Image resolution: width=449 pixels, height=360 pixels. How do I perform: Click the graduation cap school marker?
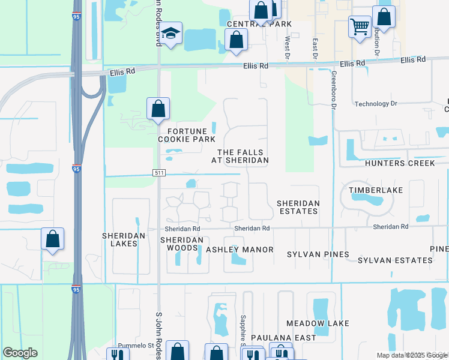[170, 35]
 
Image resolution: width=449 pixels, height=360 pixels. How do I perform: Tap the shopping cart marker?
[360, 26]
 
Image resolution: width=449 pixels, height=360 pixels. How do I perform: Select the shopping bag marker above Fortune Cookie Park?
[158, 109]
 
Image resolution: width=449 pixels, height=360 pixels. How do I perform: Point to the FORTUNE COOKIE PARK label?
[187, 135]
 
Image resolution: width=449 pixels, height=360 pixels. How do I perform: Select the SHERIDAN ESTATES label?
[297, 208]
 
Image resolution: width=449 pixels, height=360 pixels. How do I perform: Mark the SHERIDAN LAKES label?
[124, 240]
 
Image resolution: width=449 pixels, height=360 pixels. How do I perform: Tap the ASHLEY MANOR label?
[240, 250]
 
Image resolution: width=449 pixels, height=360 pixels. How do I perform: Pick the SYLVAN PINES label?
[318, 254]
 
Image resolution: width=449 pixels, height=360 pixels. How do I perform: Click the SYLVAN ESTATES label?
[395, 260]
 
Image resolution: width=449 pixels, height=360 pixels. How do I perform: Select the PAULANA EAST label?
[283, 338]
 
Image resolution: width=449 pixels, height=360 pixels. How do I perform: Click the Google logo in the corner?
[20, 353]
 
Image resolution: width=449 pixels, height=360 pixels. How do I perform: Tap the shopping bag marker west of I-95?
[53, 239]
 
